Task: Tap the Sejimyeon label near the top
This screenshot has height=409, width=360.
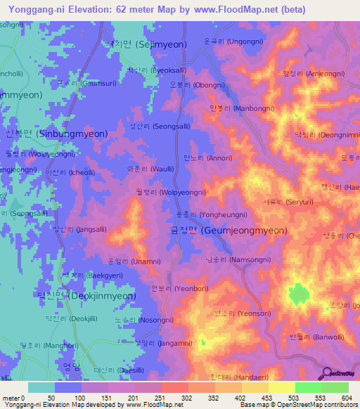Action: point(147,44)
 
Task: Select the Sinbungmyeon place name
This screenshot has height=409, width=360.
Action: point(56,134)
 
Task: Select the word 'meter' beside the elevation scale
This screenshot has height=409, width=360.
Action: point(13,398)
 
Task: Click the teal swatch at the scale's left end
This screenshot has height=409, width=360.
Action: point(41,387)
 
